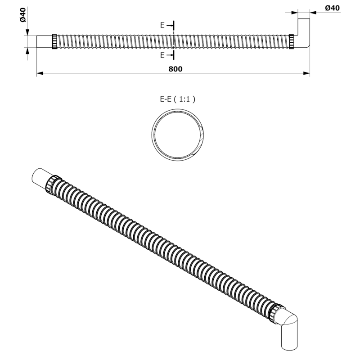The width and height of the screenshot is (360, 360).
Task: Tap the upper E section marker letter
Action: coord(163,25)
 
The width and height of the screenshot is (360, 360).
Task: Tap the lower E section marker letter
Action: coord(163,55)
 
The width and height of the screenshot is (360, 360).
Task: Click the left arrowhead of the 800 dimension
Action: coord(40,73)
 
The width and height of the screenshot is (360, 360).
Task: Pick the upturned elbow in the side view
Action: coord(304,34)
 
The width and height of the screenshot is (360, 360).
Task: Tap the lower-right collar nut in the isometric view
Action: coord(275,312)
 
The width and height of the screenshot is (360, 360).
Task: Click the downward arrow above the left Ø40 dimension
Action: coord(28,32)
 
